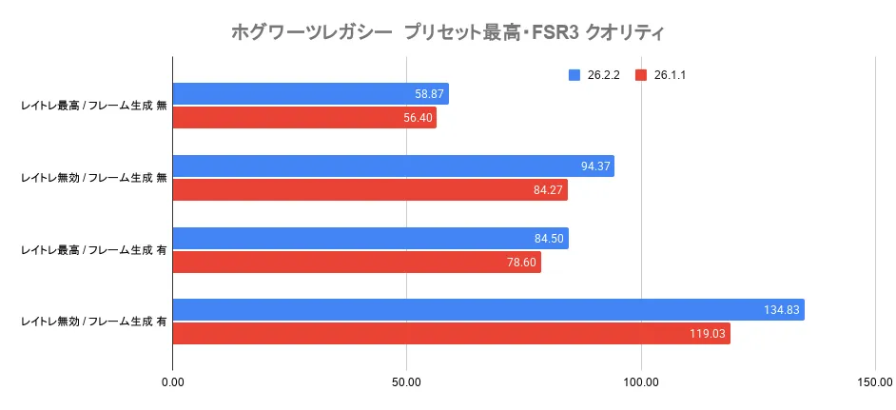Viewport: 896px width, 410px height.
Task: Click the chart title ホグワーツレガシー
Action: click(x=447, y=32)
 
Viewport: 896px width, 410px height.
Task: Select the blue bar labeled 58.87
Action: click(x=310, y=94)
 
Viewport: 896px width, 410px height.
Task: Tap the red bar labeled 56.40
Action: click(x=304, y=118)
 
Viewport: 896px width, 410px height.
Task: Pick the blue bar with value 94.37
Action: click(x=393, y=166)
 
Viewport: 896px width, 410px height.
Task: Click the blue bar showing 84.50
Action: click(x=370, y=239)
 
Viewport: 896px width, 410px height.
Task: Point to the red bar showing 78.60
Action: click(x=357, y=263)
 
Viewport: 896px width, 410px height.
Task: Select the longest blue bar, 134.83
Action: click(x=488, y=310)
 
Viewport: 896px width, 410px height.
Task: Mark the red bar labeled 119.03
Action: click(x=451, y=334)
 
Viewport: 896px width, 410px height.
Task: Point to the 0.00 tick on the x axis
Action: click(x=172, y=383)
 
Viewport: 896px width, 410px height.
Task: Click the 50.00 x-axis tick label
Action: click(x=406, y=383)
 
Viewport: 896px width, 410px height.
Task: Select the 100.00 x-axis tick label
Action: click(x=641, y=383)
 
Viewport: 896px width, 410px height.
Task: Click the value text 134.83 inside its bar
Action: click(x=781, y=310)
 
